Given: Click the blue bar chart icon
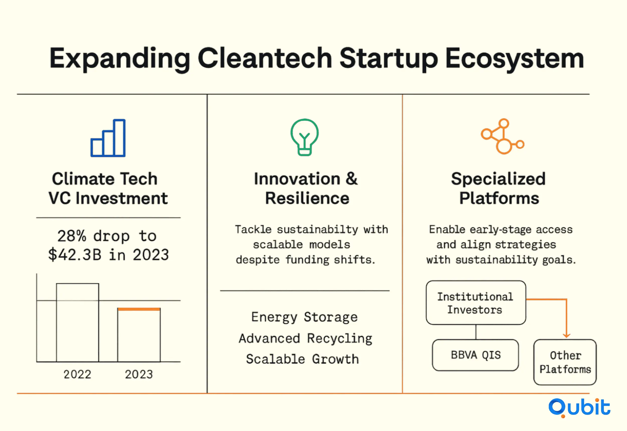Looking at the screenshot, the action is point(108,138).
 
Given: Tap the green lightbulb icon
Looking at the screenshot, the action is point(304,137).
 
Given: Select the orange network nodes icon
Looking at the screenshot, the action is point(502,136).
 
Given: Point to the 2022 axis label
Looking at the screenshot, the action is point(77,374).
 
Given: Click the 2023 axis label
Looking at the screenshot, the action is point(139,374).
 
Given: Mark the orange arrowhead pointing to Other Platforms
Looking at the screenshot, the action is point(567,335).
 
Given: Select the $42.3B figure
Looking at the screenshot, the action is point(75,255).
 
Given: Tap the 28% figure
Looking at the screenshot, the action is point(72,236).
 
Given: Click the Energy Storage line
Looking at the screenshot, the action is point(304,317).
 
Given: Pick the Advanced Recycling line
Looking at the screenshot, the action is point(305,338).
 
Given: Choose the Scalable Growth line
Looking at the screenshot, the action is point(302,359).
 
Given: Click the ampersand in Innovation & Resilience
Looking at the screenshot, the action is point(351,179).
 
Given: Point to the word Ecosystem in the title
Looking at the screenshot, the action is point(515,59).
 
